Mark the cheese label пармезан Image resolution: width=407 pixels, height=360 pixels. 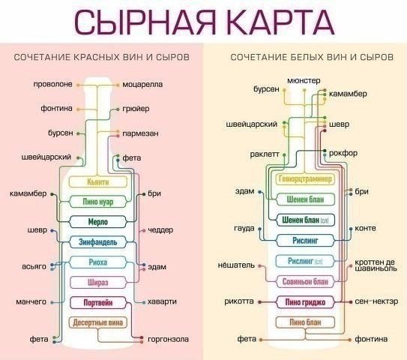pyautogui.click(x=141, y=133)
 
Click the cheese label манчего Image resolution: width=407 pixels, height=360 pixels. pyautogui.click(x=31, y=301)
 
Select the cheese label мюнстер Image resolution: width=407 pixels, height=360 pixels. pyautogui.click(x=304, y=79)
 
